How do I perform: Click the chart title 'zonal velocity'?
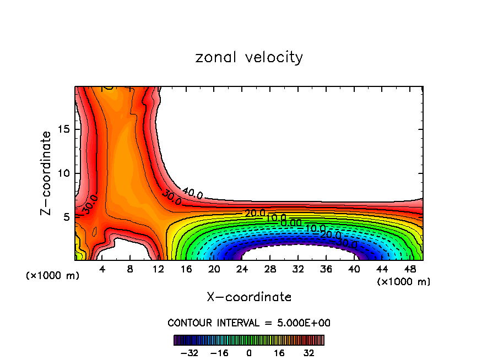coord(249,57)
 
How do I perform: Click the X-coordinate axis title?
coord(249,297)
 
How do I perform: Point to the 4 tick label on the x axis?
coord(102,269)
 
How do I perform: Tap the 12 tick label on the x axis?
coord(158,269)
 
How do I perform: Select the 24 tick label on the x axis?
coord(242,269)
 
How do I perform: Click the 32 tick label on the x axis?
coord(298,269)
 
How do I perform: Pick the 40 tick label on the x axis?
coord(354,269)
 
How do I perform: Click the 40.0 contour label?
coord(192,194)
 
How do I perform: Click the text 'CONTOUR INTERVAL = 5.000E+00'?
coord(249,323)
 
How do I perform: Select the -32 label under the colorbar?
coord(189,353)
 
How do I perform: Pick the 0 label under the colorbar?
coord(249,353)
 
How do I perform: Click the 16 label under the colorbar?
coord(279,353)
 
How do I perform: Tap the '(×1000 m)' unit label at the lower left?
coord(53,275)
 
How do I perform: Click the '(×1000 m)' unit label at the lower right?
coord(404,281)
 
